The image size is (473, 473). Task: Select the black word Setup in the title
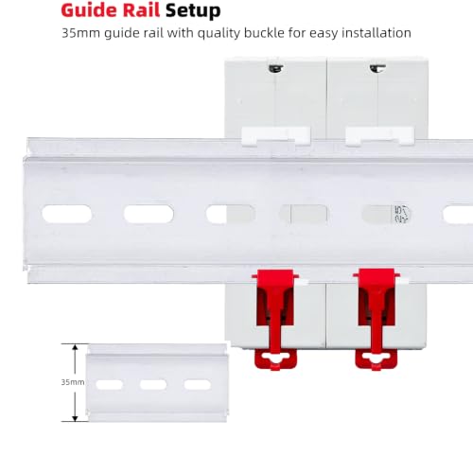[193, 11]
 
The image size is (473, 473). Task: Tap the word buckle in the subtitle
[264, 33]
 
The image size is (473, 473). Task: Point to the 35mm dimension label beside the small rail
[73, 382]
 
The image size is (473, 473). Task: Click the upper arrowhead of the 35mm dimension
[75, 347]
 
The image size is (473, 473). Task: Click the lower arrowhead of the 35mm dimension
[75, 417]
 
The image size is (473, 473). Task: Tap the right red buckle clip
[377, 319]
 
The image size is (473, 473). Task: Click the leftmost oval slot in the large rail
[67, 214]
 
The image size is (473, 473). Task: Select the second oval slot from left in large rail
[149, 214]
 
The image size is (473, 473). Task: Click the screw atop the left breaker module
[276, 68]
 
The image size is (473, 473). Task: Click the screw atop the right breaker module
[377, 68]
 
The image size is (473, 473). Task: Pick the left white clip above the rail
[276, 136]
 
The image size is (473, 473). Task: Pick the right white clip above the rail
[379, 136]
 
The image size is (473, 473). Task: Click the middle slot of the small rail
[153, 385]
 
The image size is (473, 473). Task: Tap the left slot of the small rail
[110, 385]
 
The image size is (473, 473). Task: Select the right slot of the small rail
[198, 385]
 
